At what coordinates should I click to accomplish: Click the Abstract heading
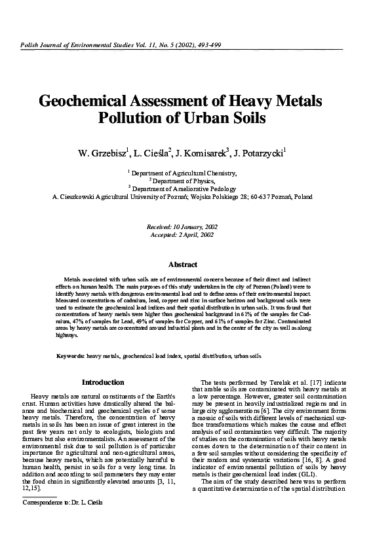[183, 264]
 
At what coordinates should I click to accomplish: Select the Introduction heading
[103, 382]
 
